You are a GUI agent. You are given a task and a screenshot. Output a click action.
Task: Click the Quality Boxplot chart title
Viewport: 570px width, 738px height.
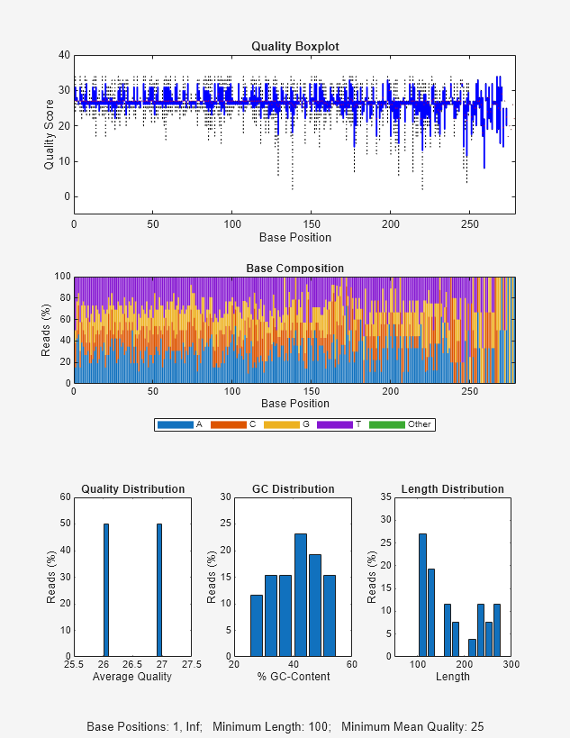[294, 46]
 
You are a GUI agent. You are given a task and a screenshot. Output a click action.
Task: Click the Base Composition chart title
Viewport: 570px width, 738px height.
[294, 269]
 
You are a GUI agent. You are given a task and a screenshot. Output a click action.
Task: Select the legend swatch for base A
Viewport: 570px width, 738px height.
[175, 424]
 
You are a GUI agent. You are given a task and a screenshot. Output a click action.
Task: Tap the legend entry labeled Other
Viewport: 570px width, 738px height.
[419, 424]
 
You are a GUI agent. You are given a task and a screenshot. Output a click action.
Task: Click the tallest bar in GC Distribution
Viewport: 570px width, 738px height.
[301, 595]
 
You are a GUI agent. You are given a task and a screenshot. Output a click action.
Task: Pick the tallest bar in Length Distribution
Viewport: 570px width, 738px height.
[422, 595]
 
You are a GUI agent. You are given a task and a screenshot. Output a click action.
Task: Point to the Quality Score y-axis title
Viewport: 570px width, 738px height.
[50, 134]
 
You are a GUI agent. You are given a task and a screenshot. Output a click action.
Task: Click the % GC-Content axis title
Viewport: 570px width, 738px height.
[294, 677]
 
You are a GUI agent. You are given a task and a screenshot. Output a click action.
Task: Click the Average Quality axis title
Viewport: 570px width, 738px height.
[132, 677]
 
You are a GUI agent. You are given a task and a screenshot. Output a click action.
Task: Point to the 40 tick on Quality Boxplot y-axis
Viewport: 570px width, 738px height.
[64, 55]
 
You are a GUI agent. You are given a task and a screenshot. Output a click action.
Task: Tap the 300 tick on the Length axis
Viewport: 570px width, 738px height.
[511, 665]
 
